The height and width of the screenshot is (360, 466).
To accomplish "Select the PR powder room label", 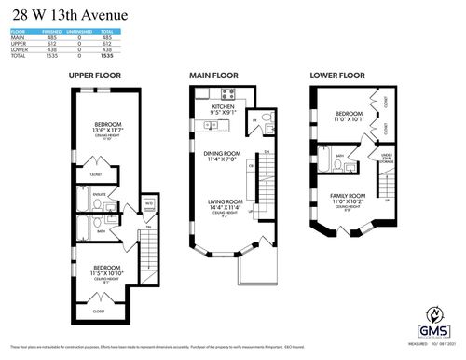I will point(253,120).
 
